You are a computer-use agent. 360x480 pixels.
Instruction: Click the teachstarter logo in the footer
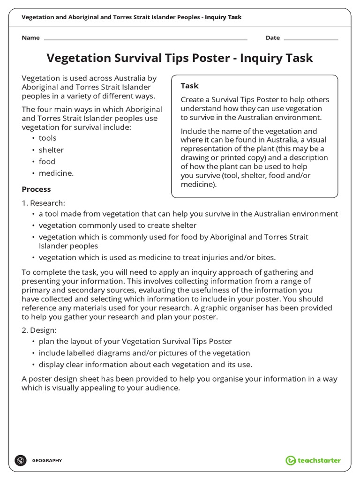click(313, 460)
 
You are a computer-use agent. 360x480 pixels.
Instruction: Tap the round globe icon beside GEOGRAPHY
click(20, 460)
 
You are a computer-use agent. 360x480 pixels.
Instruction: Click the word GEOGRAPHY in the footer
click(47, 461)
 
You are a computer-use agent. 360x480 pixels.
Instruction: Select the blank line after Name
click(145, 38)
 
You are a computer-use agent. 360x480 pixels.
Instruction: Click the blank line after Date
click(311, 38)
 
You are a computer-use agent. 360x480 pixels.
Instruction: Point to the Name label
click(30, 38)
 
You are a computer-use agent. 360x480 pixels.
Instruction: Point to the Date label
click(272, 38)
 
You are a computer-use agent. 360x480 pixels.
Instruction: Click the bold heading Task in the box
click(189, 86)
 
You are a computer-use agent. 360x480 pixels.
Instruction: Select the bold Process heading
click(36, 189)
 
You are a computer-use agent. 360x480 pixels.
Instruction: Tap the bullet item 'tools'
click(47, 138)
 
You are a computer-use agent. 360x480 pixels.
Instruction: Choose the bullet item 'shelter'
click(51, 150)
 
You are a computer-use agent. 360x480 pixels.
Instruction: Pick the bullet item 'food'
click(47, 162)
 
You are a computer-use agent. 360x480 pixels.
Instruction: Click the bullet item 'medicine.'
click(56, 173)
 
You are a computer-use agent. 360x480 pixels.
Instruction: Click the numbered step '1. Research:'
click(44, 203)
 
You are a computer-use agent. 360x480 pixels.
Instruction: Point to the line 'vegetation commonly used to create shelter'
click(117, 225)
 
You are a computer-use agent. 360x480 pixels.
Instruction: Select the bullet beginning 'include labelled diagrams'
click(144, 353)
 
